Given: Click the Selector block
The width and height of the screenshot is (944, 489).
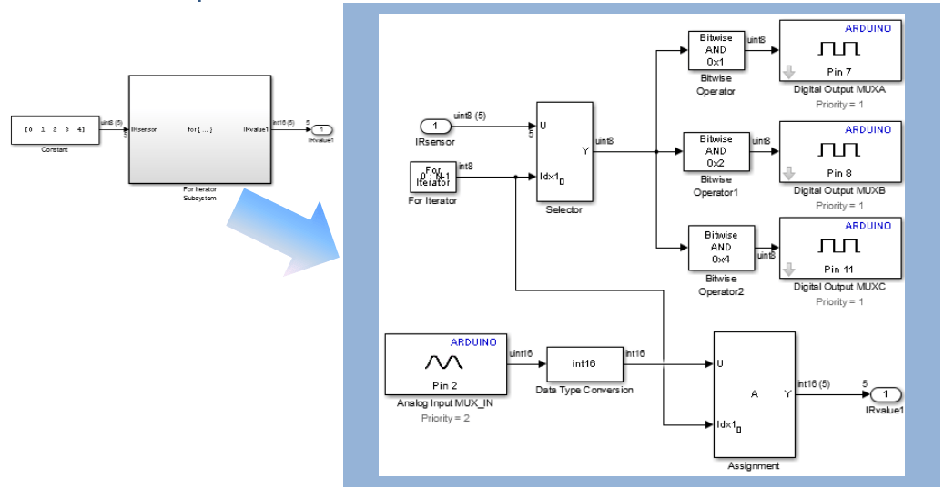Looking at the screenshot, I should point(564,151).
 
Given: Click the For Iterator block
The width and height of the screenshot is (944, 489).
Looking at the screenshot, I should point(433,177).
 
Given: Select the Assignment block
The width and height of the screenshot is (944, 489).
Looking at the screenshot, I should point(754,394).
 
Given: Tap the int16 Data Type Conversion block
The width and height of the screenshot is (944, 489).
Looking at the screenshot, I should point(584,364).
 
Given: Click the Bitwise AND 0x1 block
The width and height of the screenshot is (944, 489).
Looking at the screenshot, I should point(716,50).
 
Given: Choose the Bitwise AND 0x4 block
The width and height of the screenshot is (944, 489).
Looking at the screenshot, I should point(721,246).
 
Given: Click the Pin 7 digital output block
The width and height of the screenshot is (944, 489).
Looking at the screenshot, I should point(839,50).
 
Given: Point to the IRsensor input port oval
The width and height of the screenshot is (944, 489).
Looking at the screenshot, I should point(435,126).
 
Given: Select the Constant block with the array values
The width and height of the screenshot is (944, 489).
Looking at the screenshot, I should point(55,129).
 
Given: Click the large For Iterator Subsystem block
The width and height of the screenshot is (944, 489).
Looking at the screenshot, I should point(199,129).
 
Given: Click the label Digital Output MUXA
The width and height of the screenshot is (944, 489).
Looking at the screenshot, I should point(839,90).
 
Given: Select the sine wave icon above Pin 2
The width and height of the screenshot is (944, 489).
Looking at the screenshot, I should point(443,362).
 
